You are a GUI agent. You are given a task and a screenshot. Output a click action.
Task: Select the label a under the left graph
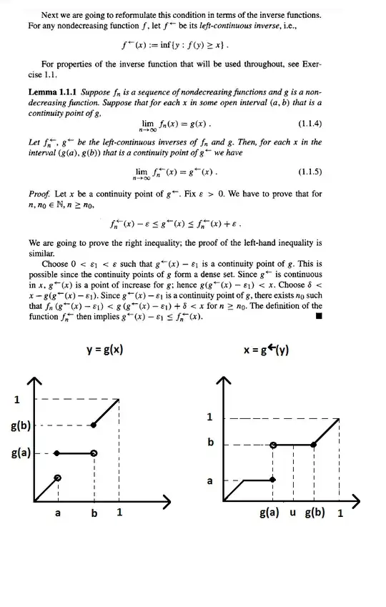pos(58,513)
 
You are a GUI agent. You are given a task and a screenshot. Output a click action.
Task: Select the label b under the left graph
pos(94,513)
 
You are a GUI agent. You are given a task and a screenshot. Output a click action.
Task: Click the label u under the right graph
pos(293,513)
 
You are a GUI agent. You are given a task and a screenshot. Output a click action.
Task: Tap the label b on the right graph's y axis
pos(210,443)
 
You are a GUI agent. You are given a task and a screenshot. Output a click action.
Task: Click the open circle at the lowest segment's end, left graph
pos(58,478)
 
